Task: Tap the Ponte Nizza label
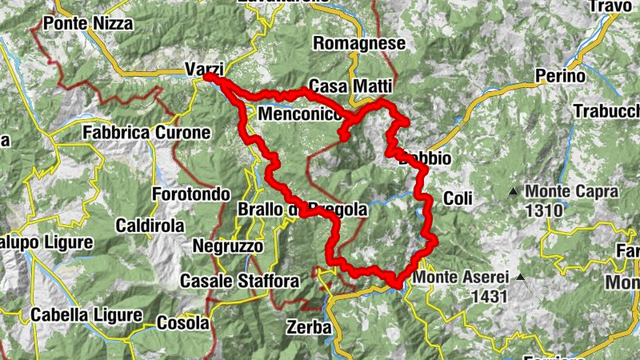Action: click(x=88, y=24)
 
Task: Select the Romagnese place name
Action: click(x=359, y=43)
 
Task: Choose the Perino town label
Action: click(x=561, y=77)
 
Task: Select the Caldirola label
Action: click(x=151, y=226)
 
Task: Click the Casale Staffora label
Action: click(x=239, y=281)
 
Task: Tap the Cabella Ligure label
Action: click(x=86, y=315)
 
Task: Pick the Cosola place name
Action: click(x=182, y=323)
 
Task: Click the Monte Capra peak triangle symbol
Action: click(x=513, y=191)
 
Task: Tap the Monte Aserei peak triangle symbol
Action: click(x=521, y=278)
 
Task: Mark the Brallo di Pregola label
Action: click(x=302, y=210)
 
